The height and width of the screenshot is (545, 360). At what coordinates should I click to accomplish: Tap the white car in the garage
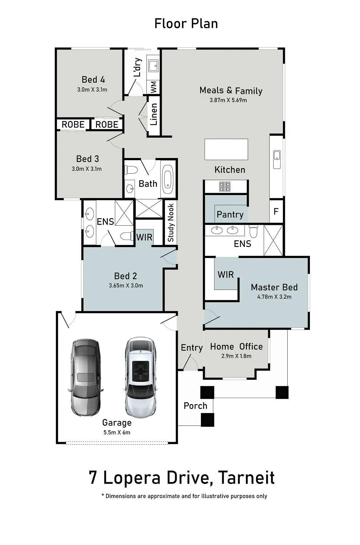(141, 377)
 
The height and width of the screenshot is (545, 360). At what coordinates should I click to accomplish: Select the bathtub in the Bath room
(167, 179)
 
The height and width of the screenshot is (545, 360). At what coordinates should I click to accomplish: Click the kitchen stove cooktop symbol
(225, 187)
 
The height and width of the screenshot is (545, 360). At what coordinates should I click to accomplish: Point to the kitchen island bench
(226, 149)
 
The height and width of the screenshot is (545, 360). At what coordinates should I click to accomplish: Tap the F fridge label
(276, 211)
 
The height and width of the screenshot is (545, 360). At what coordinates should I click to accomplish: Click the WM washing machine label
(154, 87)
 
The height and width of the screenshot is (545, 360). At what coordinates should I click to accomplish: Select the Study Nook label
(171, 223)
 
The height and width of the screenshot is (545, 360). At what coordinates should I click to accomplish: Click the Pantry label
(230, 215)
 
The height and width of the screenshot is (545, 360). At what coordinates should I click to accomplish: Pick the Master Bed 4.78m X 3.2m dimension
(274, 296)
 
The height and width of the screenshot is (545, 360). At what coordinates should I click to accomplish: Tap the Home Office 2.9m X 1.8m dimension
(236, 356)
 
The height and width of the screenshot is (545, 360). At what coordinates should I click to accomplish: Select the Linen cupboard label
(154, 114)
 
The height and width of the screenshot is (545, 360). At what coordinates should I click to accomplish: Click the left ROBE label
(73, 125)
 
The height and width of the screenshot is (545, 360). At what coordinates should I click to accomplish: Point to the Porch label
(195, 406)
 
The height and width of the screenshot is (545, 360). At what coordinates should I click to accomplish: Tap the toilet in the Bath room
(131, 170)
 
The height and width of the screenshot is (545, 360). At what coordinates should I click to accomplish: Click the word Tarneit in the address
(246, 477)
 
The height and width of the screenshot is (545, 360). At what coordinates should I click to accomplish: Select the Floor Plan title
(186, 24)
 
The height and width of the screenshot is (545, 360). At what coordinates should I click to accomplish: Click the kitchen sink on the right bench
(277, 160)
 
